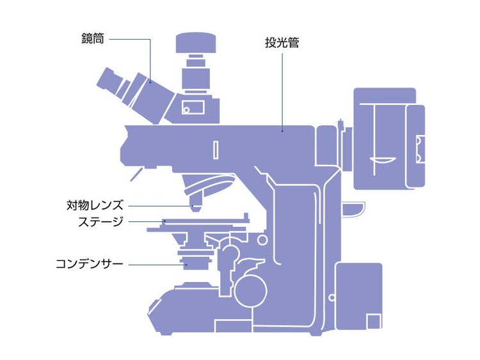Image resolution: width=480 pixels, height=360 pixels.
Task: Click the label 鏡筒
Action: (92, 38)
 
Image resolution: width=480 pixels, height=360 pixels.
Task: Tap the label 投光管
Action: (282, 43)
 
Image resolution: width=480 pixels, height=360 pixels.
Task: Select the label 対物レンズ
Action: (95, 205)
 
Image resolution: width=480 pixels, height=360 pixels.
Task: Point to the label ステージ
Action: (100, 221)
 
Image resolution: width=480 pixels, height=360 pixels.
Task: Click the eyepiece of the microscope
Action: (110, 81)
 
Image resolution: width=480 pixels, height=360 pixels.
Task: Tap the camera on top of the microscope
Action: (196, 44)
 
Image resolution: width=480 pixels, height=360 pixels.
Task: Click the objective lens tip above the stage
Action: (195, 207)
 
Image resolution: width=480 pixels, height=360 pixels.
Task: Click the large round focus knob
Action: (250, 289)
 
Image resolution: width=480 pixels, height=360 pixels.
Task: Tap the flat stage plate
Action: (198, 223)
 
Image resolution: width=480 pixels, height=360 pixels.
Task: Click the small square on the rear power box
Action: (372, 322)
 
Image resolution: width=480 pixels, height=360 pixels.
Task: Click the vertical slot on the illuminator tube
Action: (216, 149)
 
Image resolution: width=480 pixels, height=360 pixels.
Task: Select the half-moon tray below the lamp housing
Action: (353, 208)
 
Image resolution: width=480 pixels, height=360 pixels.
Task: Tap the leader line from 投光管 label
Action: (282, 90)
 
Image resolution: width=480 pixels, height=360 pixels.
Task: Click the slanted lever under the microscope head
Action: (136, 173)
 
